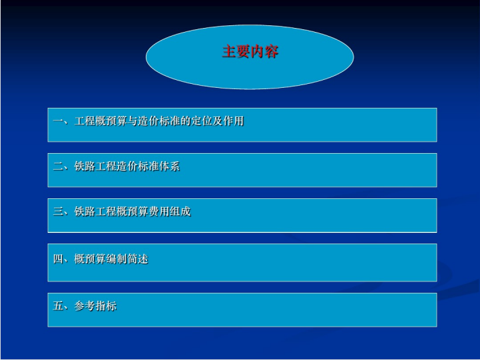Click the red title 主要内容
[250, 51]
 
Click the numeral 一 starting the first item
[58, 121]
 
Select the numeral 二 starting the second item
[58, 166]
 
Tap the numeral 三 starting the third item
[58, 212]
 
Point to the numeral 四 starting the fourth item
[58, 259]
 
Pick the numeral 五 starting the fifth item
[58, 305]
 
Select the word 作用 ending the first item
[234, 121]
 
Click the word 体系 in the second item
[169, 166]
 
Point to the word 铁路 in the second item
[85, 166]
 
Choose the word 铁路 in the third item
[85, 212]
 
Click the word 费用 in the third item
[159, 212]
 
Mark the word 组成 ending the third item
[180, 212]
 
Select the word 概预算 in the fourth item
[90, 259]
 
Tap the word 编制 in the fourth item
[117, 259]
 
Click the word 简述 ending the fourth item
[138, 259]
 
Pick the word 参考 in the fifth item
[85, 305]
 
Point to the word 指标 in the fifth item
[106, 305]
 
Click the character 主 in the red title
[229, 51]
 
